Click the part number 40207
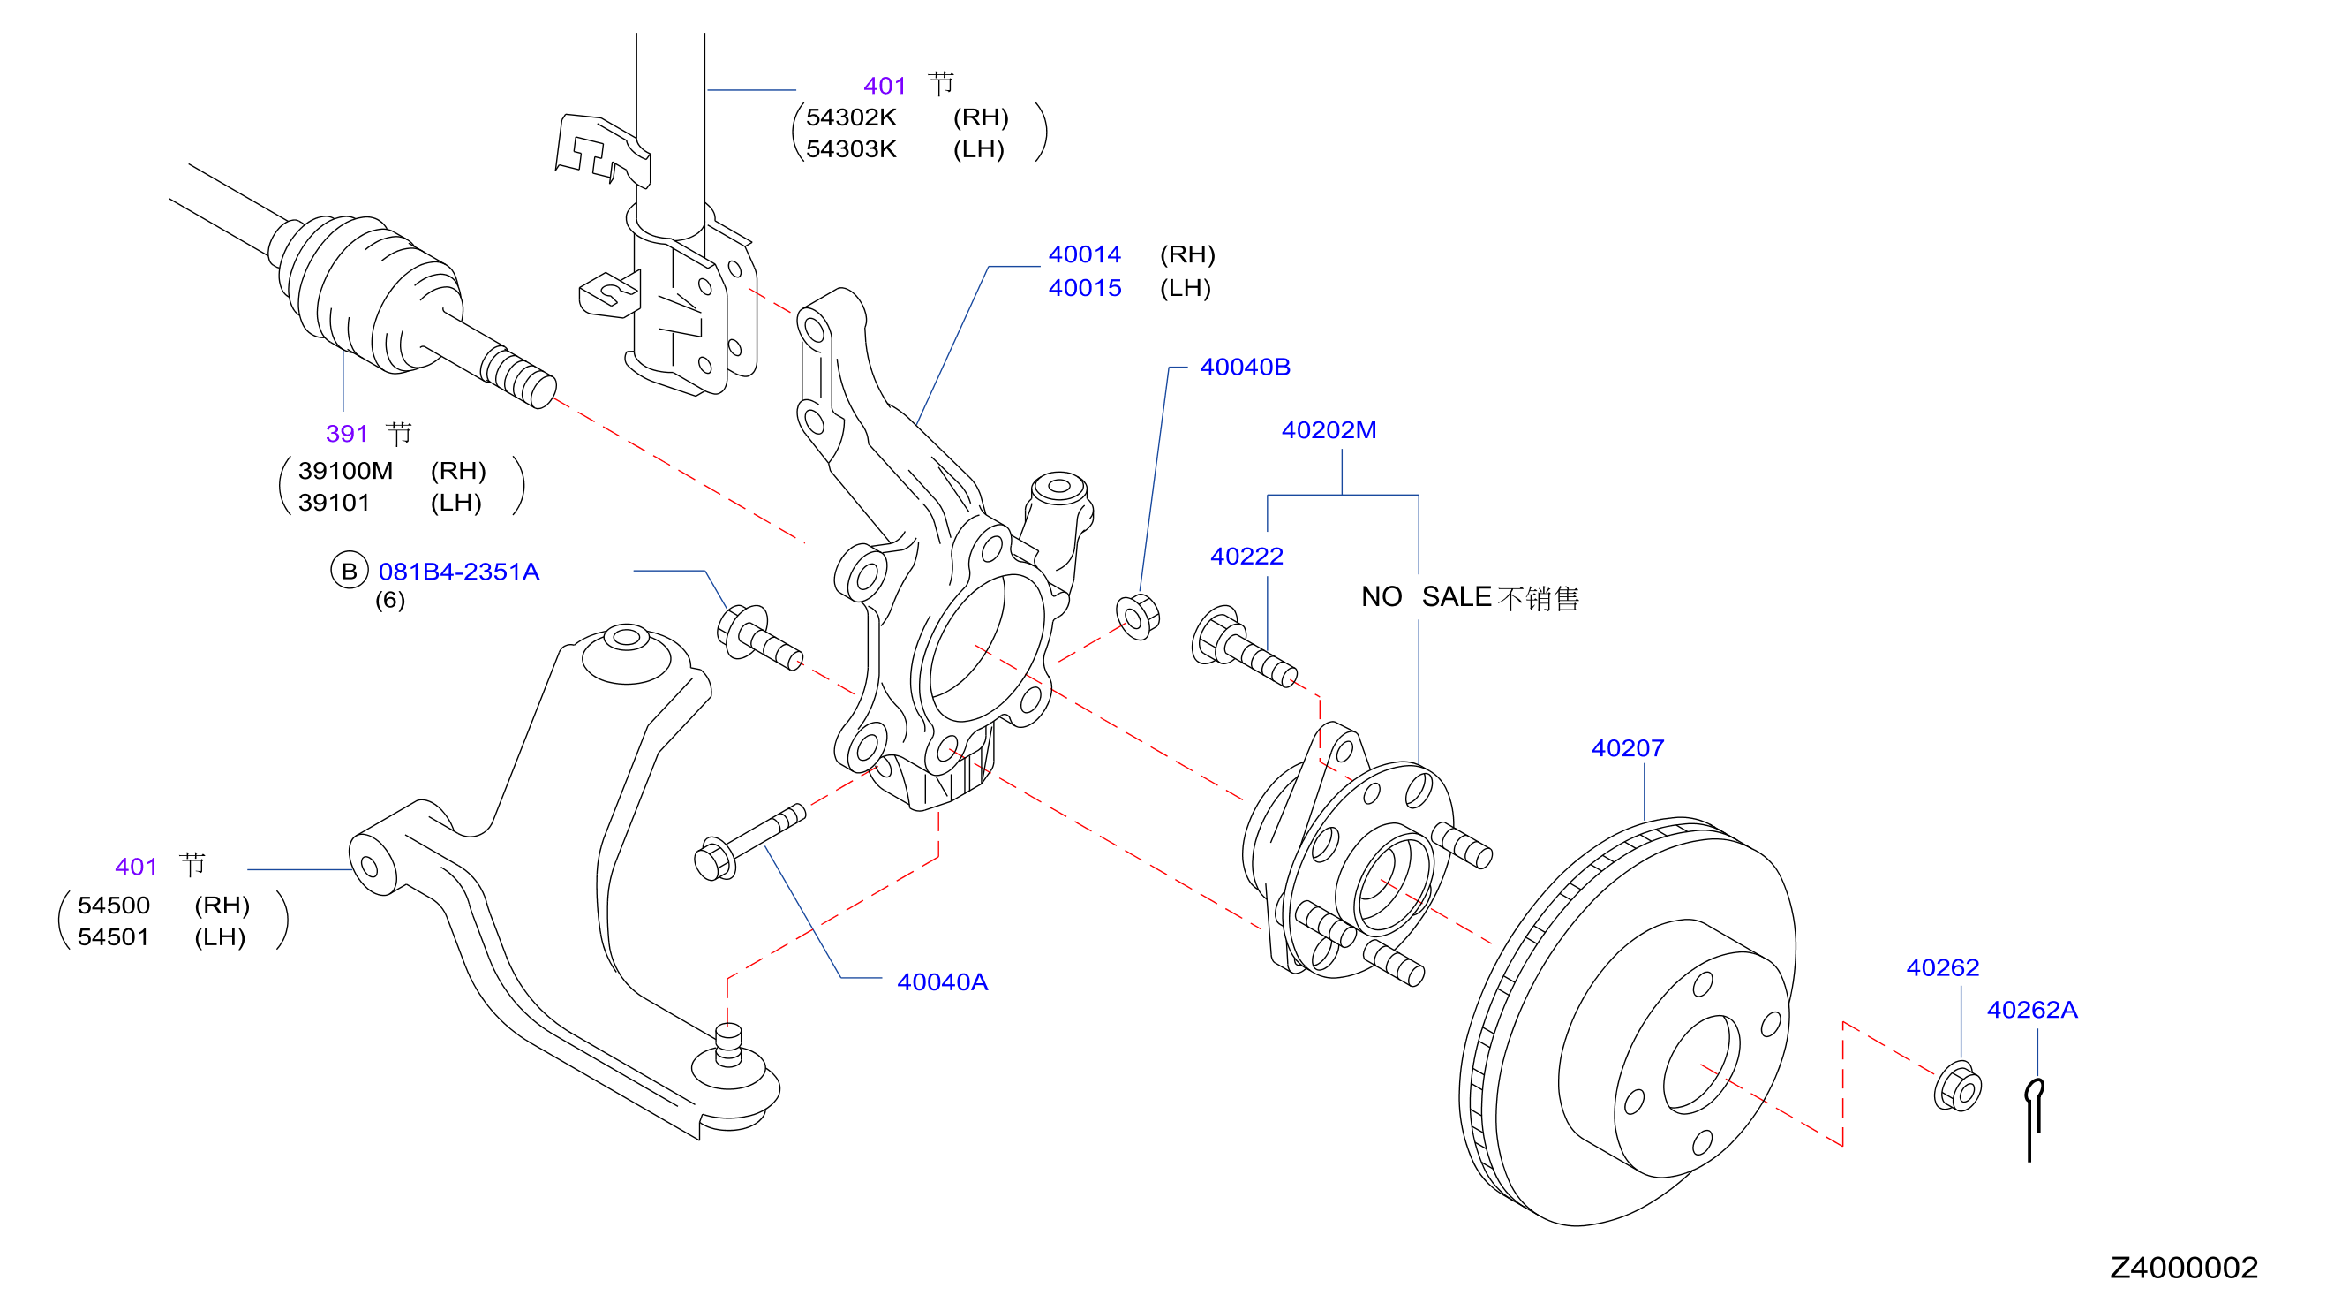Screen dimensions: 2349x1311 pos(1627,748)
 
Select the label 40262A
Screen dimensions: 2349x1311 pos(2032,1009)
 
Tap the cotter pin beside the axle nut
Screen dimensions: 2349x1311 pos(2034,1119)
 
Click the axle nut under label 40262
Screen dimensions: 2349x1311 pos(1957,1087)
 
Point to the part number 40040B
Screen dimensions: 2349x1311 pos(1245,367)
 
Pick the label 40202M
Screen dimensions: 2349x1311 pos(1329,429)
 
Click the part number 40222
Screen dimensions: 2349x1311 pos(1246,556)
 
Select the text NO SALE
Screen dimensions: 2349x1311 pos(1427,596)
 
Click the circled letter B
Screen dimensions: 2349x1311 pos(350,571)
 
